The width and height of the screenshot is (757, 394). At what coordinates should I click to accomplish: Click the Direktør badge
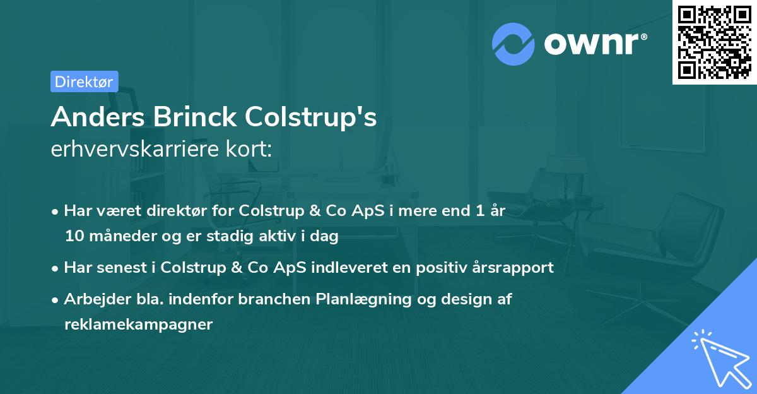point(84,81)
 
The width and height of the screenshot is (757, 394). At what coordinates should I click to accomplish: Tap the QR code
point(714,42)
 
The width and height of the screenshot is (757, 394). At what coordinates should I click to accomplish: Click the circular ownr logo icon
point(513,44)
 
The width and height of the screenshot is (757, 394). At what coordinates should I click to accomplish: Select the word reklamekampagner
point(139,325)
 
